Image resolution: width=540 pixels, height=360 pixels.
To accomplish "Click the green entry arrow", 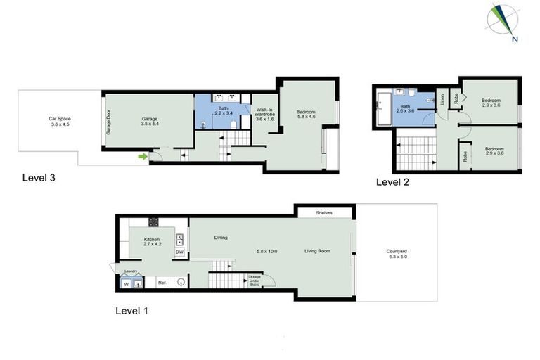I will click(x=143, y=156).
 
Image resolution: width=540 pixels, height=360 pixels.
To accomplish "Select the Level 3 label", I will click(x=39, y=178).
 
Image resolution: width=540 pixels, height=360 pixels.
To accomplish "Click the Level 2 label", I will click(x=394, y=181).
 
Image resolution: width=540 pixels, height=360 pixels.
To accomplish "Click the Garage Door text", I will click(x=109, y=123).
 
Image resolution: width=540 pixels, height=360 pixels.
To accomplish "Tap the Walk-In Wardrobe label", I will click(x=264, y=114).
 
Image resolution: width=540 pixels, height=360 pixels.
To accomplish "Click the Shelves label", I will click(x=324, y=212).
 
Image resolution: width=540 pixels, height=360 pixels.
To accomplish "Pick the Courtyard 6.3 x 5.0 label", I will click(x=396, y=254).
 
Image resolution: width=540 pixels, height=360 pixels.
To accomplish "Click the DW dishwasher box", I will click(x=179, y=252).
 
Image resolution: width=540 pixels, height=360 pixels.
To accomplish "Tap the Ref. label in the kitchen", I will click(x=162, y=282).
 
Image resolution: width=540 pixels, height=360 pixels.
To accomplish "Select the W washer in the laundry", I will click(x=127, y=285).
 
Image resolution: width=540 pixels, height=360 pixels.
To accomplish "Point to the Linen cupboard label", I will click(x=442, y=101).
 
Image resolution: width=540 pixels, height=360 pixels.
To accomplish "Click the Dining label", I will click(x=221, y=238).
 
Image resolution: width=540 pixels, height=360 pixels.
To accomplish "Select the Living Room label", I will click(x=318, y=251).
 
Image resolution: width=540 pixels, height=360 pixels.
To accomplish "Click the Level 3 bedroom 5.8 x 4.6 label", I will click(x=307, y=115).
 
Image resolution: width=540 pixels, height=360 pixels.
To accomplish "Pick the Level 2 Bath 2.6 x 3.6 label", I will click(x=406, y=108).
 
